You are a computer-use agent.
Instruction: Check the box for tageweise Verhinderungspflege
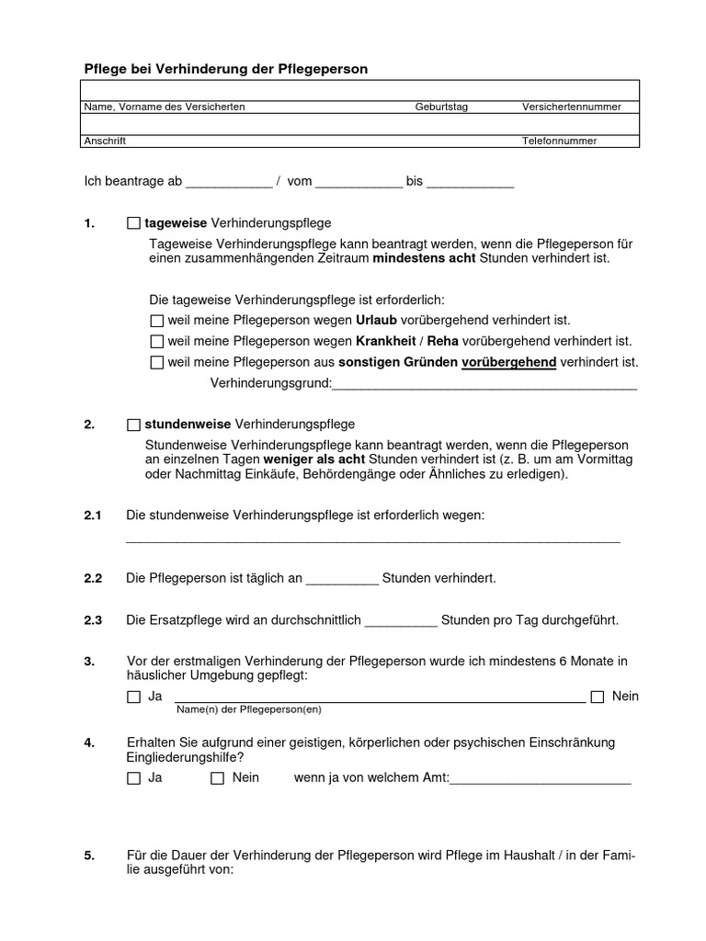(x=134, y=223)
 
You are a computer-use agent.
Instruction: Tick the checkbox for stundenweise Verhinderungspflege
(x=134, y=425)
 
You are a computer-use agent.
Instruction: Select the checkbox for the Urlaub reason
(x=155, y=321)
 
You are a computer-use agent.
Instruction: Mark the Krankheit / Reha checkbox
(x=155, y=342)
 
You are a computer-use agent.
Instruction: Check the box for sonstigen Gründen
(x=155, y=363)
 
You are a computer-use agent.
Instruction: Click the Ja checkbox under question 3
(x=134, y=697)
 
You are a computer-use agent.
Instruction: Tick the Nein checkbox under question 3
(x=598, y=697)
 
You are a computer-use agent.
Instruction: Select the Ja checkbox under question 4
(x=134, y=778)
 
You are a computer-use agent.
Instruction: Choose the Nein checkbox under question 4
(x=218, y=778)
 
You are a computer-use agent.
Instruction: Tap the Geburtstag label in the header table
(x=441, y=108)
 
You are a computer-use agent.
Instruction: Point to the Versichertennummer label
(x=572, y=108)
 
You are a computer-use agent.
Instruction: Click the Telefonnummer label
(x=560, y=142)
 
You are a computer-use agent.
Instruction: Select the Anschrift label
(x=105, y=142)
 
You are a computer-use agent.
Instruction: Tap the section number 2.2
(x=93, y=579)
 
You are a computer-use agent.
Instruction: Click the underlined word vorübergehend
(x=508, y=363)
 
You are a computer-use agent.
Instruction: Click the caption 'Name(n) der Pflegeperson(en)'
(x=248, y=709)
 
